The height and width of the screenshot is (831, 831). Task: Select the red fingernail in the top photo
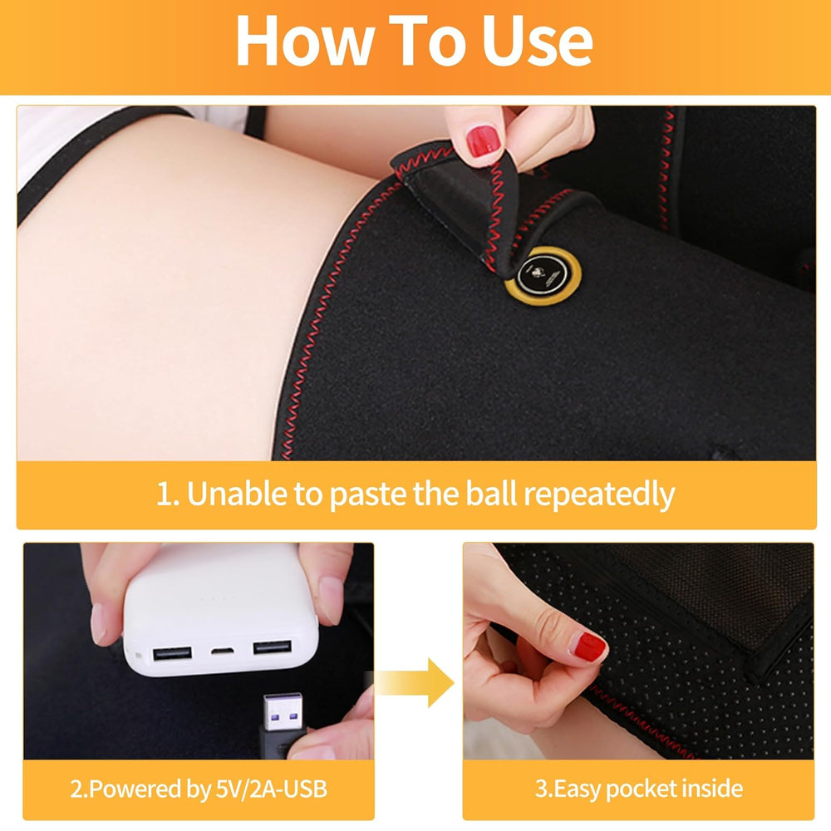pos(483,141)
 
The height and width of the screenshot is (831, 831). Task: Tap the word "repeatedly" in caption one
pos(598,494)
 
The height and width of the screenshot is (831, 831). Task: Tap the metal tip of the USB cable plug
pos(277,711)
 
